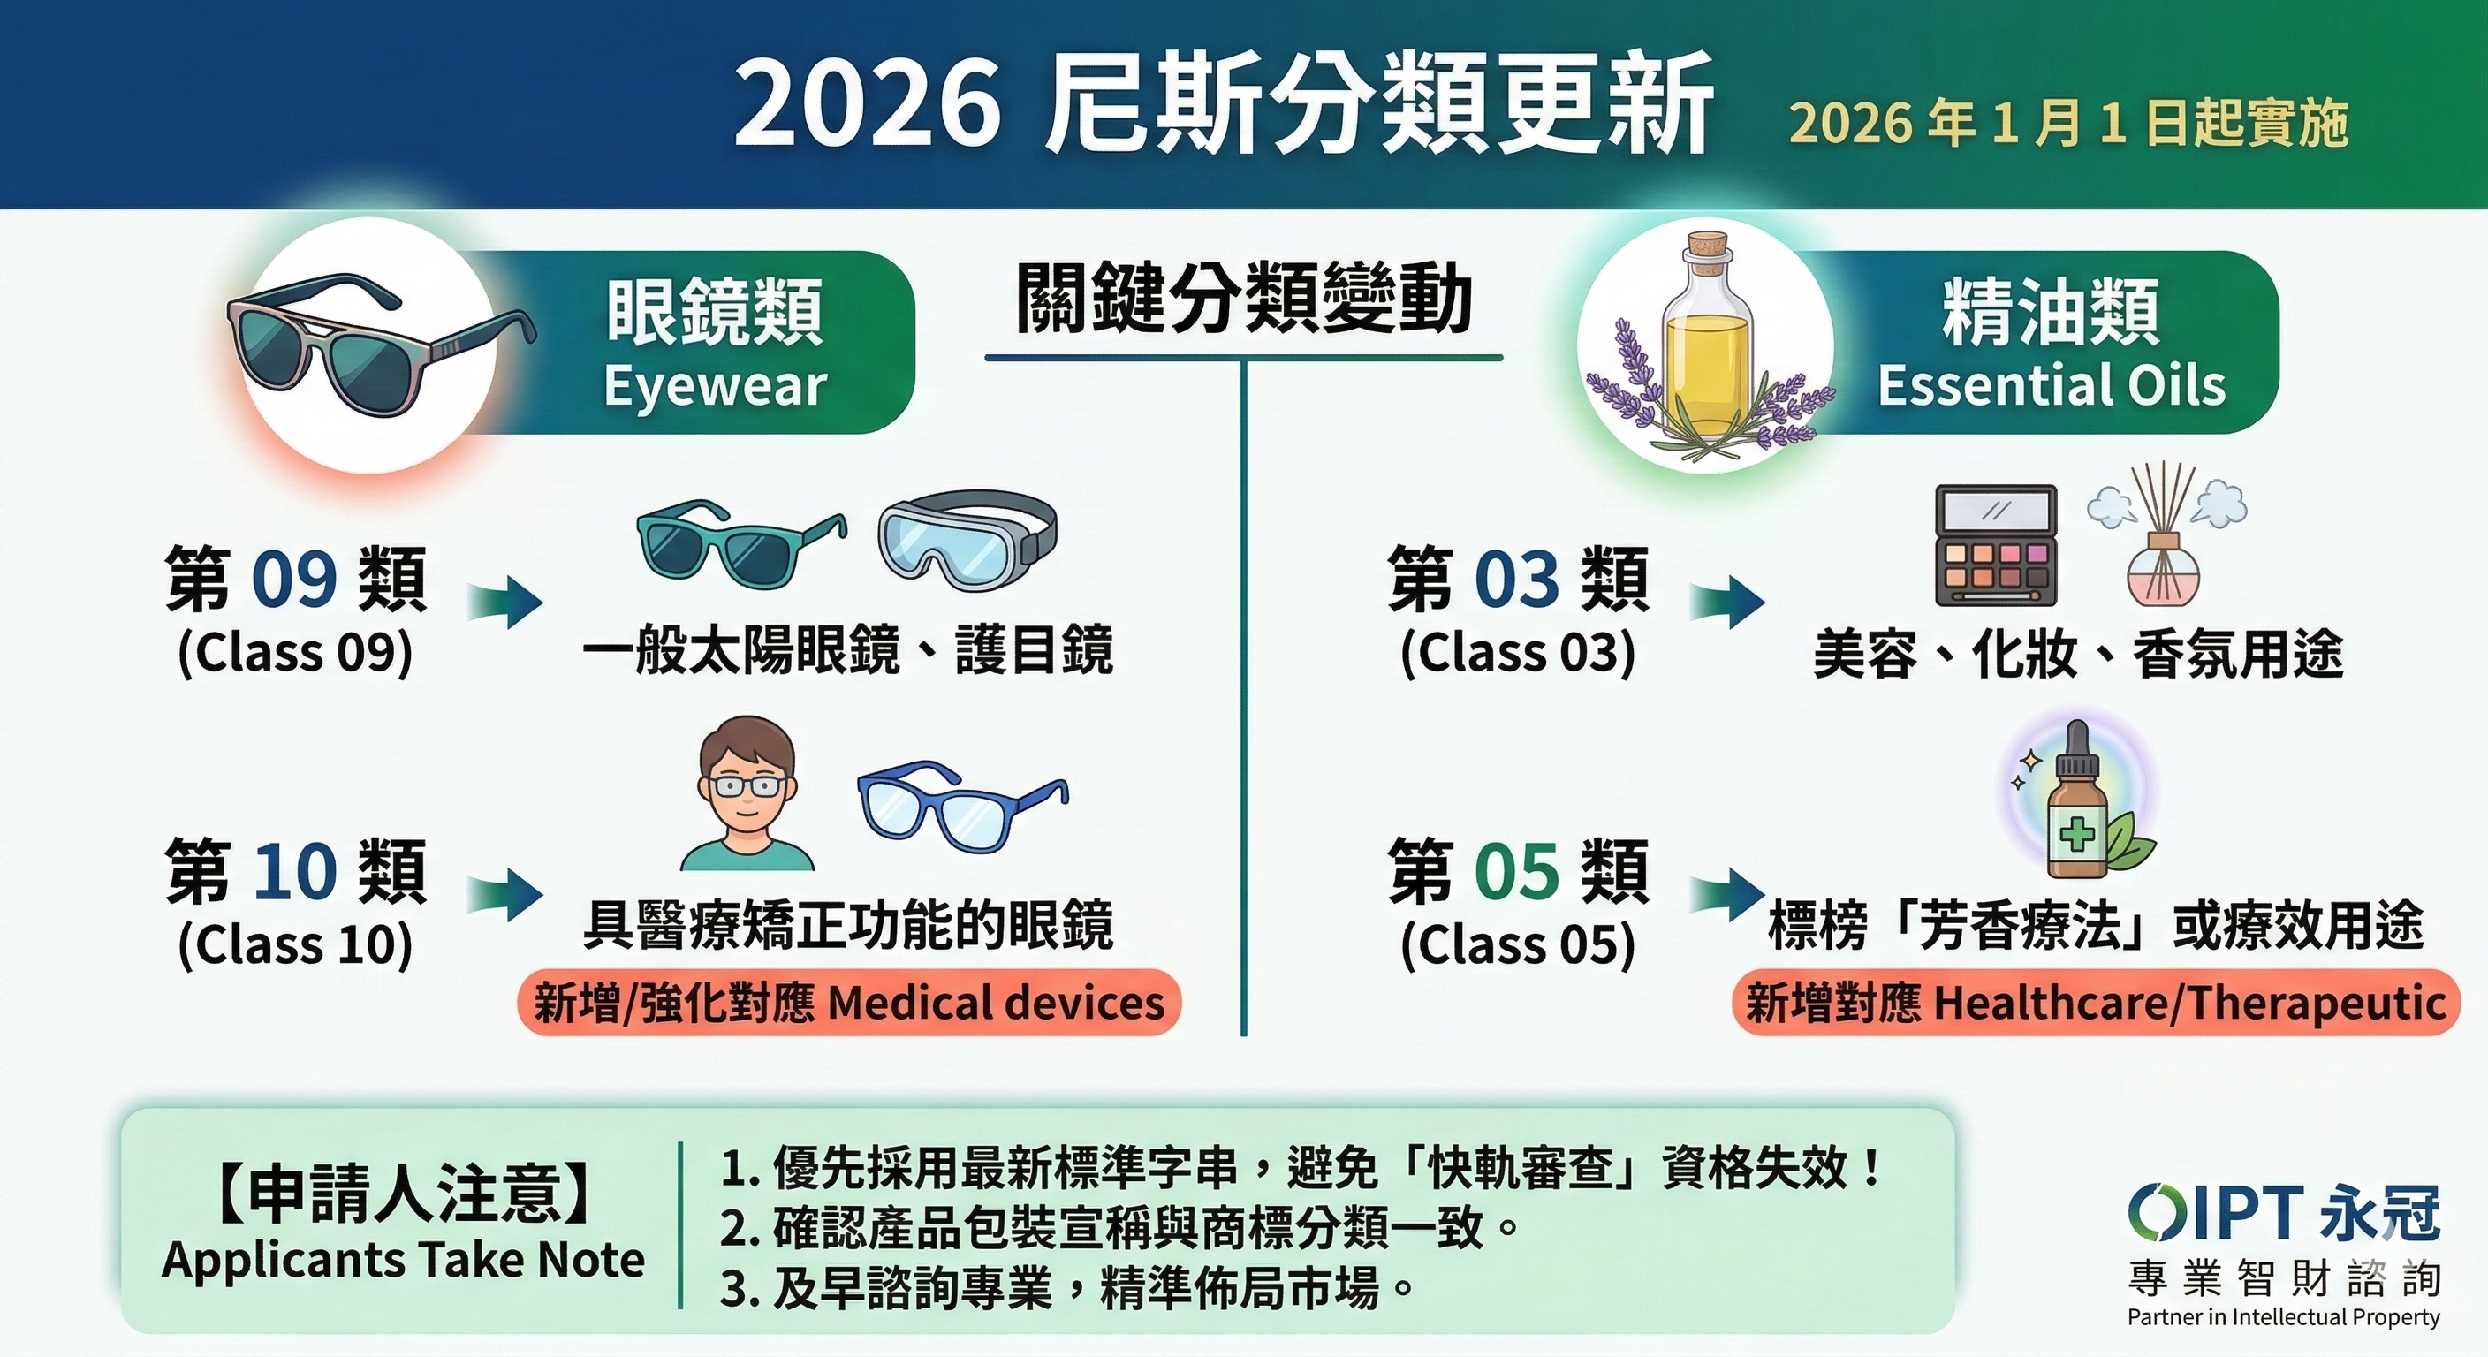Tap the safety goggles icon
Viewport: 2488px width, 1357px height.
click(967, 542)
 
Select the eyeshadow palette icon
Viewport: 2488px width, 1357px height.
click(1995, 545)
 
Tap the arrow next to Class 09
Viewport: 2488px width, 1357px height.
click(504, 602)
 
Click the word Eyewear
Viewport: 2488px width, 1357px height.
click(716, 385)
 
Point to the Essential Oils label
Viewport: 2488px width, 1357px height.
click(2052, 385)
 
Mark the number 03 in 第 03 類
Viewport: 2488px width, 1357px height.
click(1517, 580)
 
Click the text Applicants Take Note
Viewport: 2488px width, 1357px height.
click(403, 1261)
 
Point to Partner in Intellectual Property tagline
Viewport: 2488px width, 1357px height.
click(2283, 1317)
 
